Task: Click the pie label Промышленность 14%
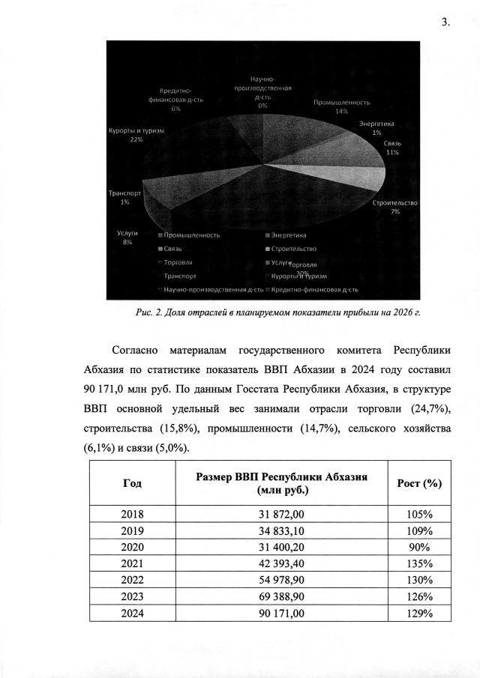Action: pos(342,106)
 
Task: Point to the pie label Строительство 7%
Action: pos(394,207)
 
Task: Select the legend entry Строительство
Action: pos(298,249)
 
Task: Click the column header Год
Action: pos(131,483)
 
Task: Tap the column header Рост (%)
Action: pos(418,483)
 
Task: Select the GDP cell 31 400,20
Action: pos(281,547)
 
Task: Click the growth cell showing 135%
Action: pos(418,563)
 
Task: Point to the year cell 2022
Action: pos(131,580)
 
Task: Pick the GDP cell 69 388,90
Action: pos(281,597)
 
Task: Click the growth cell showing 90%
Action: pos(418,547)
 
